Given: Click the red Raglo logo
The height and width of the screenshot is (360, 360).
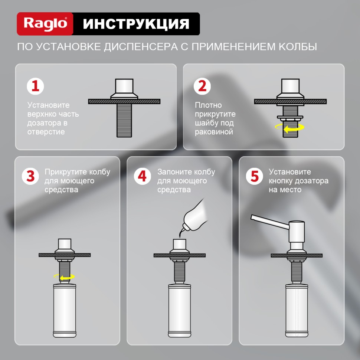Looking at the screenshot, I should pos(45,24).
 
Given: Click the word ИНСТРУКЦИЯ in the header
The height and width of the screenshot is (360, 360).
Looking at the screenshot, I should pos(136,24).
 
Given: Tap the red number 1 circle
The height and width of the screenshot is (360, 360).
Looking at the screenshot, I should pos(35,86).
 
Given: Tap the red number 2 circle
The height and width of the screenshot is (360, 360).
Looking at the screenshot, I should pos(203,86).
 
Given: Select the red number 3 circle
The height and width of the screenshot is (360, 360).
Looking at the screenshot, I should pos(30,176).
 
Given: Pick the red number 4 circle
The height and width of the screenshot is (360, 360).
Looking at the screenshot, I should pos(143,176).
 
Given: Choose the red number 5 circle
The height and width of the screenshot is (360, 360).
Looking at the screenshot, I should pos(255,176).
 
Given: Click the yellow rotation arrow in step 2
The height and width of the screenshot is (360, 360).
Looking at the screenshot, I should pos(289,128).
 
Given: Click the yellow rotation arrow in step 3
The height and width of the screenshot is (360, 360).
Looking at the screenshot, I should pos(64,276).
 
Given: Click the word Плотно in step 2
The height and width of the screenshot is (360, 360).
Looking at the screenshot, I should pos(208,105).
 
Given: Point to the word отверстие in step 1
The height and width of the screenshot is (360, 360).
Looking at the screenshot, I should pos(46,132).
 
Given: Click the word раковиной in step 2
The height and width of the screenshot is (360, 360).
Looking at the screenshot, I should pos(214,132).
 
